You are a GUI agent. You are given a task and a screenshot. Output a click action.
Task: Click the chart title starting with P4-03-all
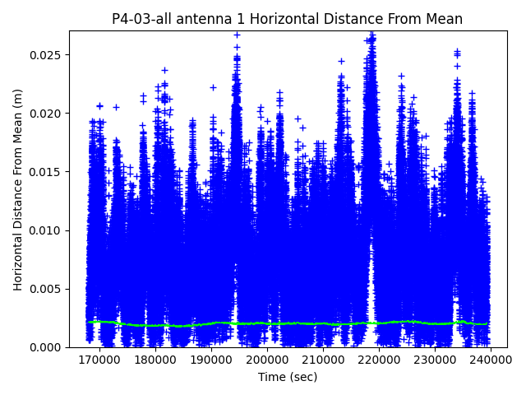[x=287, y=19]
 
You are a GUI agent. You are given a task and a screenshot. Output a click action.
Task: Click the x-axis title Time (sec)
[x=288, y=377]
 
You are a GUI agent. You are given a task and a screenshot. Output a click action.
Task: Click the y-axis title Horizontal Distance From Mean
[x=18, y=189]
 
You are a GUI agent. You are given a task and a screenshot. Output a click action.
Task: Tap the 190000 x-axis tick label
[x=212, y=360]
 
